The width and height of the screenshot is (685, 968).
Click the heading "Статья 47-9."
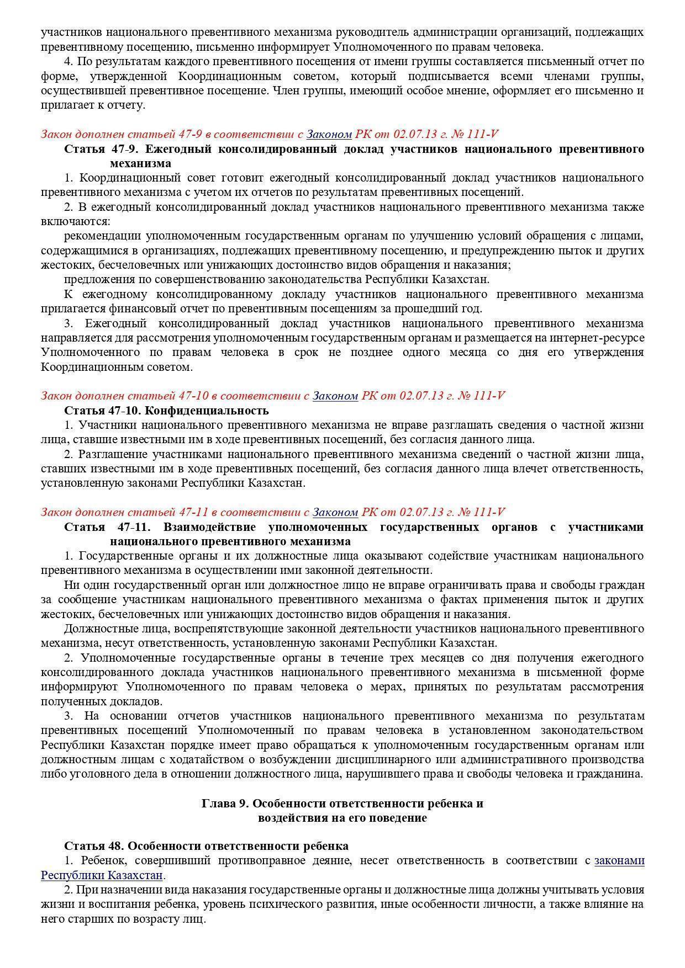tap(101, 149)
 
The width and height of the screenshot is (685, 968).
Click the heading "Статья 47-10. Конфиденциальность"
tap(166, 411)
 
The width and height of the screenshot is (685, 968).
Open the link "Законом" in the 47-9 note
tap(329, 134)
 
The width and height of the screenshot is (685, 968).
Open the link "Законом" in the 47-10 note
tap(335, 396)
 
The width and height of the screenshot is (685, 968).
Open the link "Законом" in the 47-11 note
tap(335, 512)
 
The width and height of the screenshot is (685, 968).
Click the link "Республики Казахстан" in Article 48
tap(102, 876)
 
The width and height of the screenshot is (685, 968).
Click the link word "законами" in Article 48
tap(619, 861)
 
